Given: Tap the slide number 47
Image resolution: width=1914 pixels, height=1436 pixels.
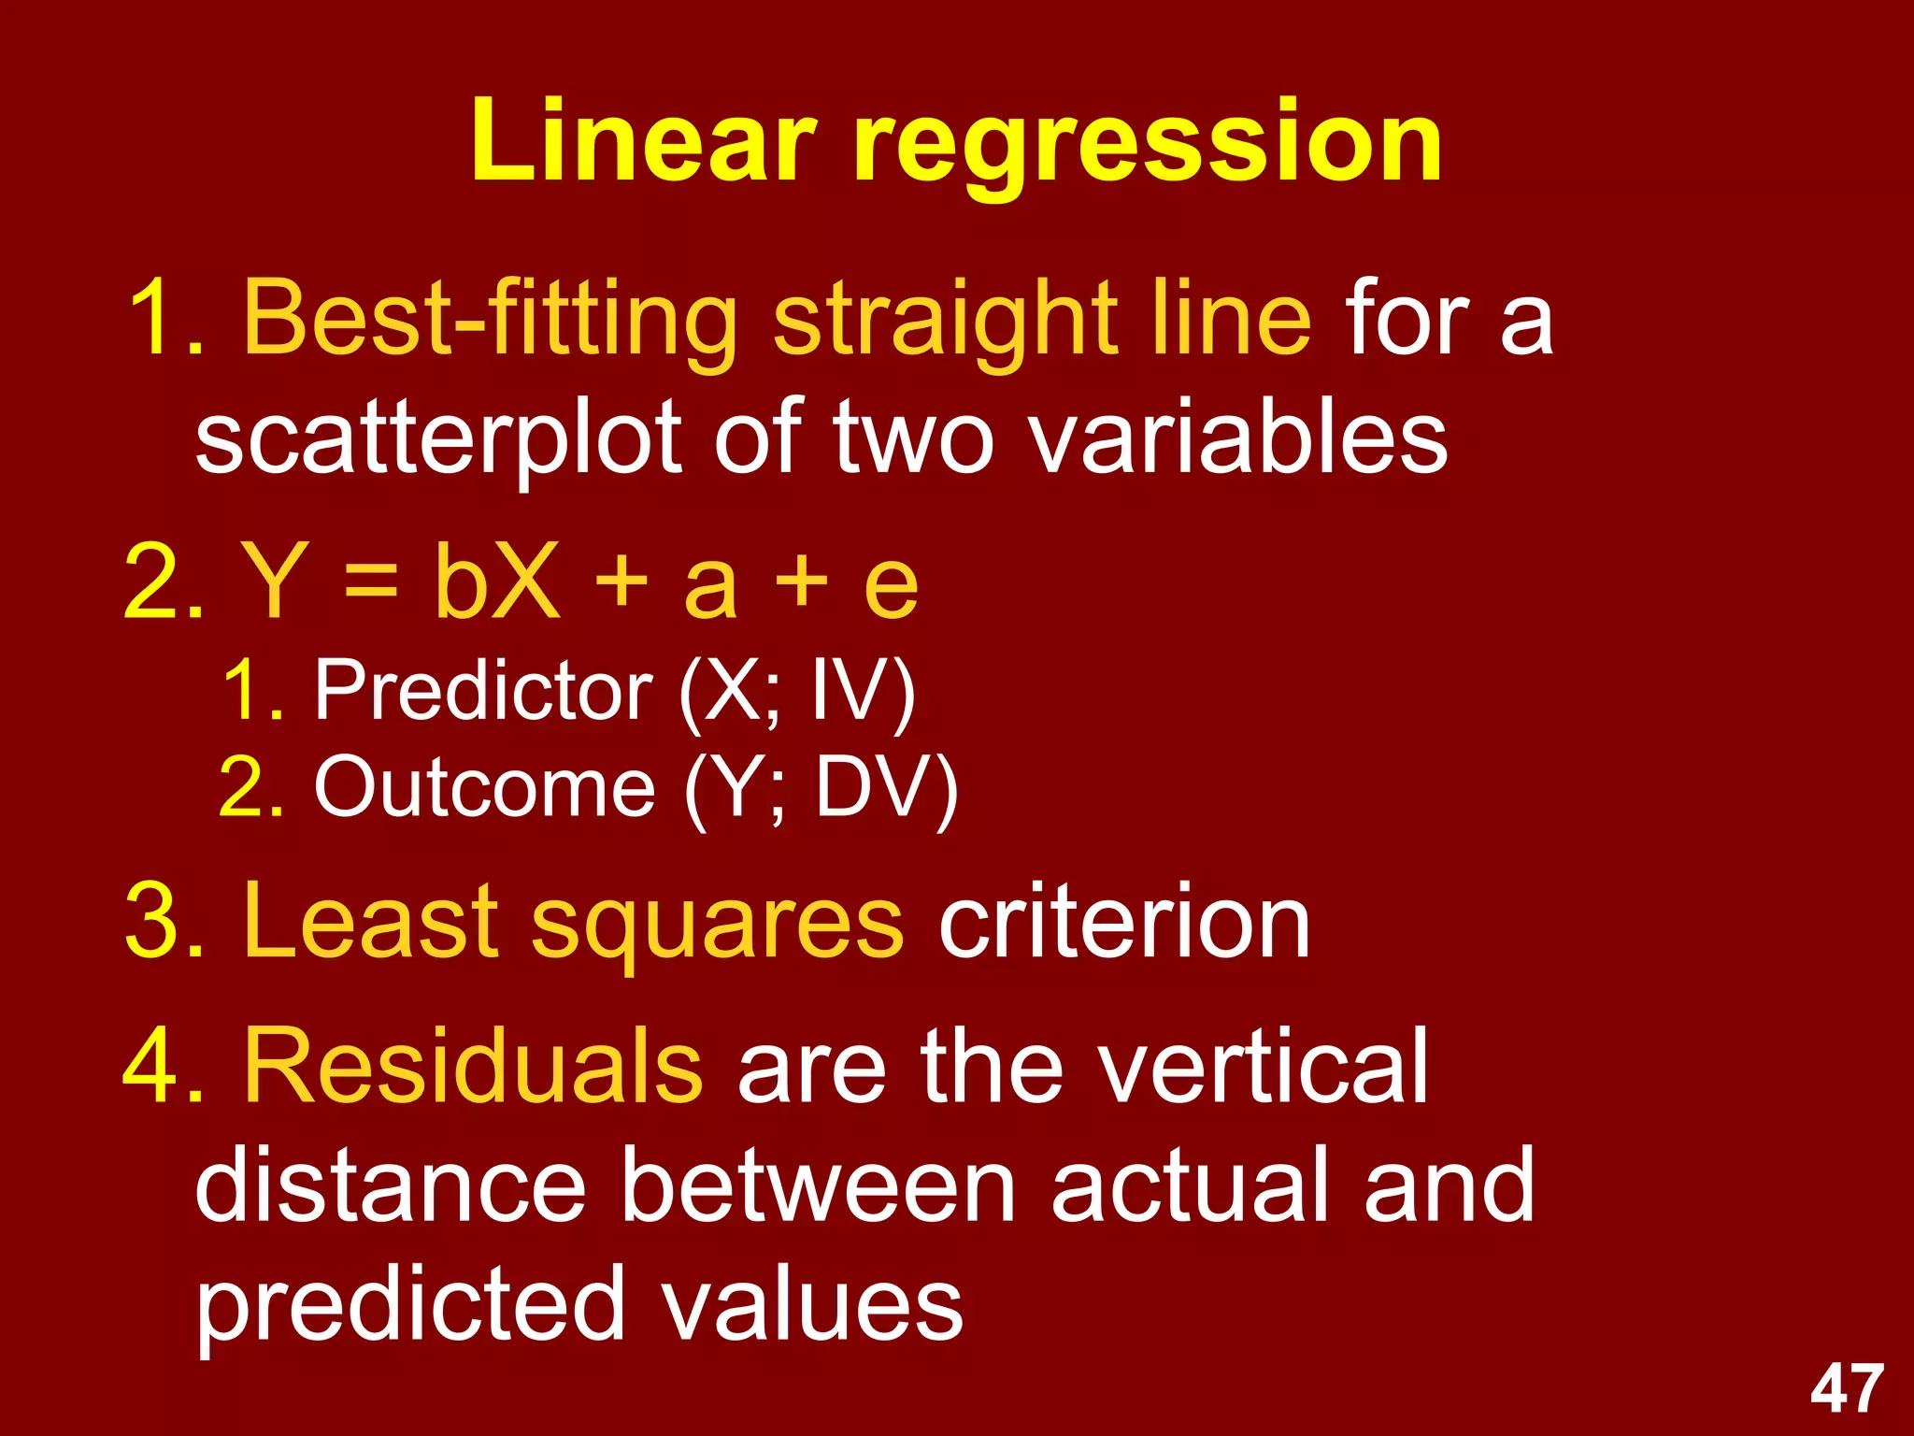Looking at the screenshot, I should (x=1847, y=1389).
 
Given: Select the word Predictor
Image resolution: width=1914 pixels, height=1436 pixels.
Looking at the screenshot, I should (x=483, y=692).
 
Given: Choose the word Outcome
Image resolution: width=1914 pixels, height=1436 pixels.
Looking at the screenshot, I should (x=484, y=787).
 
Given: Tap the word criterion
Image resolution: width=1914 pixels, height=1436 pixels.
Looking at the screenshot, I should (x=1123, y=924).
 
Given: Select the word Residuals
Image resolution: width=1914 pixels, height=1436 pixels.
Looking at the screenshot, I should (x=473, y=1066).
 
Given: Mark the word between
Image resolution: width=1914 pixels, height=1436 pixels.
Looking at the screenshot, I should (x=818, y=1185).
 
